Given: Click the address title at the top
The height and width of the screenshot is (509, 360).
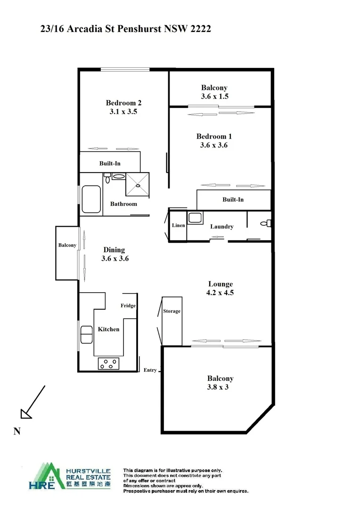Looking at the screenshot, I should (x=126, y=29).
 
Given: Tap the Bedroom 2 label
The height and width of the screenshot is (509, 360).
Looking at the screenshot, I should (x=123, y=103).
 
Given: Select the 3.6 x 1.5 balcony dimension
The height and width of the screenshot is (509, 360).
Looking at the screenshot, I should (x=214, y=96).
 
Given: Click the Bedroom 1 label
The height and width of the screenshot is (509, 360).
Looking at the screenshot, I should (x=214, y=136).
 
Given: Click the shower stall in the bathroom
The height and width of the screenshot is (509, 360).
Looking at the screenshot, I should (x=137, y=184).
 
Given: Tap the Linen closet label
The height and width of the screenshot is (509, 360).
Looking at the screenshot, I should (x=178, y=226).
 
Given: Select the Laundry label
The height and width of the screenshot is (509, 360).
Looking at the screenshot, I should (x=221, y=227).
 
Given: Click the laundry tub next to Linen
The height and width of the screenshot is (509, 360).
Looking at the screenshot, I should (x=195, y=218).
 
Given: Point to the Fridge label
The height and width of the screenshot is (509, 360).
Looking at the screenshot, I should (x=128, y=305).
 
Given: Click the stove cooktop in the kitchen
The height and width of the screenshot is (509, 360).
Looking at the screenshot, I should (x=108, y=363).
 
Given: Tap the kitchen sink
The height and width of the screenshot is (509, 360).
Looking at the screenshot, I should (x=87, y=334).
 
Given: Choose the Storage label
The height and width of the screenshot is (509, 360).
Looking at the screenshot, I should (x=172, y=312).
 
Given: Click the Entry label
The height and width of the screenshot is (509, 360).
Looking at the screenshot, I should (x=150, y=370).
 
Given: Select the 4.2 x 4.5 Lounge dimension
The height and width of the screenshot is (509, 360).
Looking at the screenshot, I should (x=221, y=293).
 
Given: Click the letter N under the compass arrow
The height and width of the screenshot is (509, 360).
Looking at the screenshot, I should (x=16, y=431).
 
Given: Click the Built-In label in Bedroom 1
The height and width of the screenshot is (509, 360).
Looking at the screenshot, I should (x=233, y=200).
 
